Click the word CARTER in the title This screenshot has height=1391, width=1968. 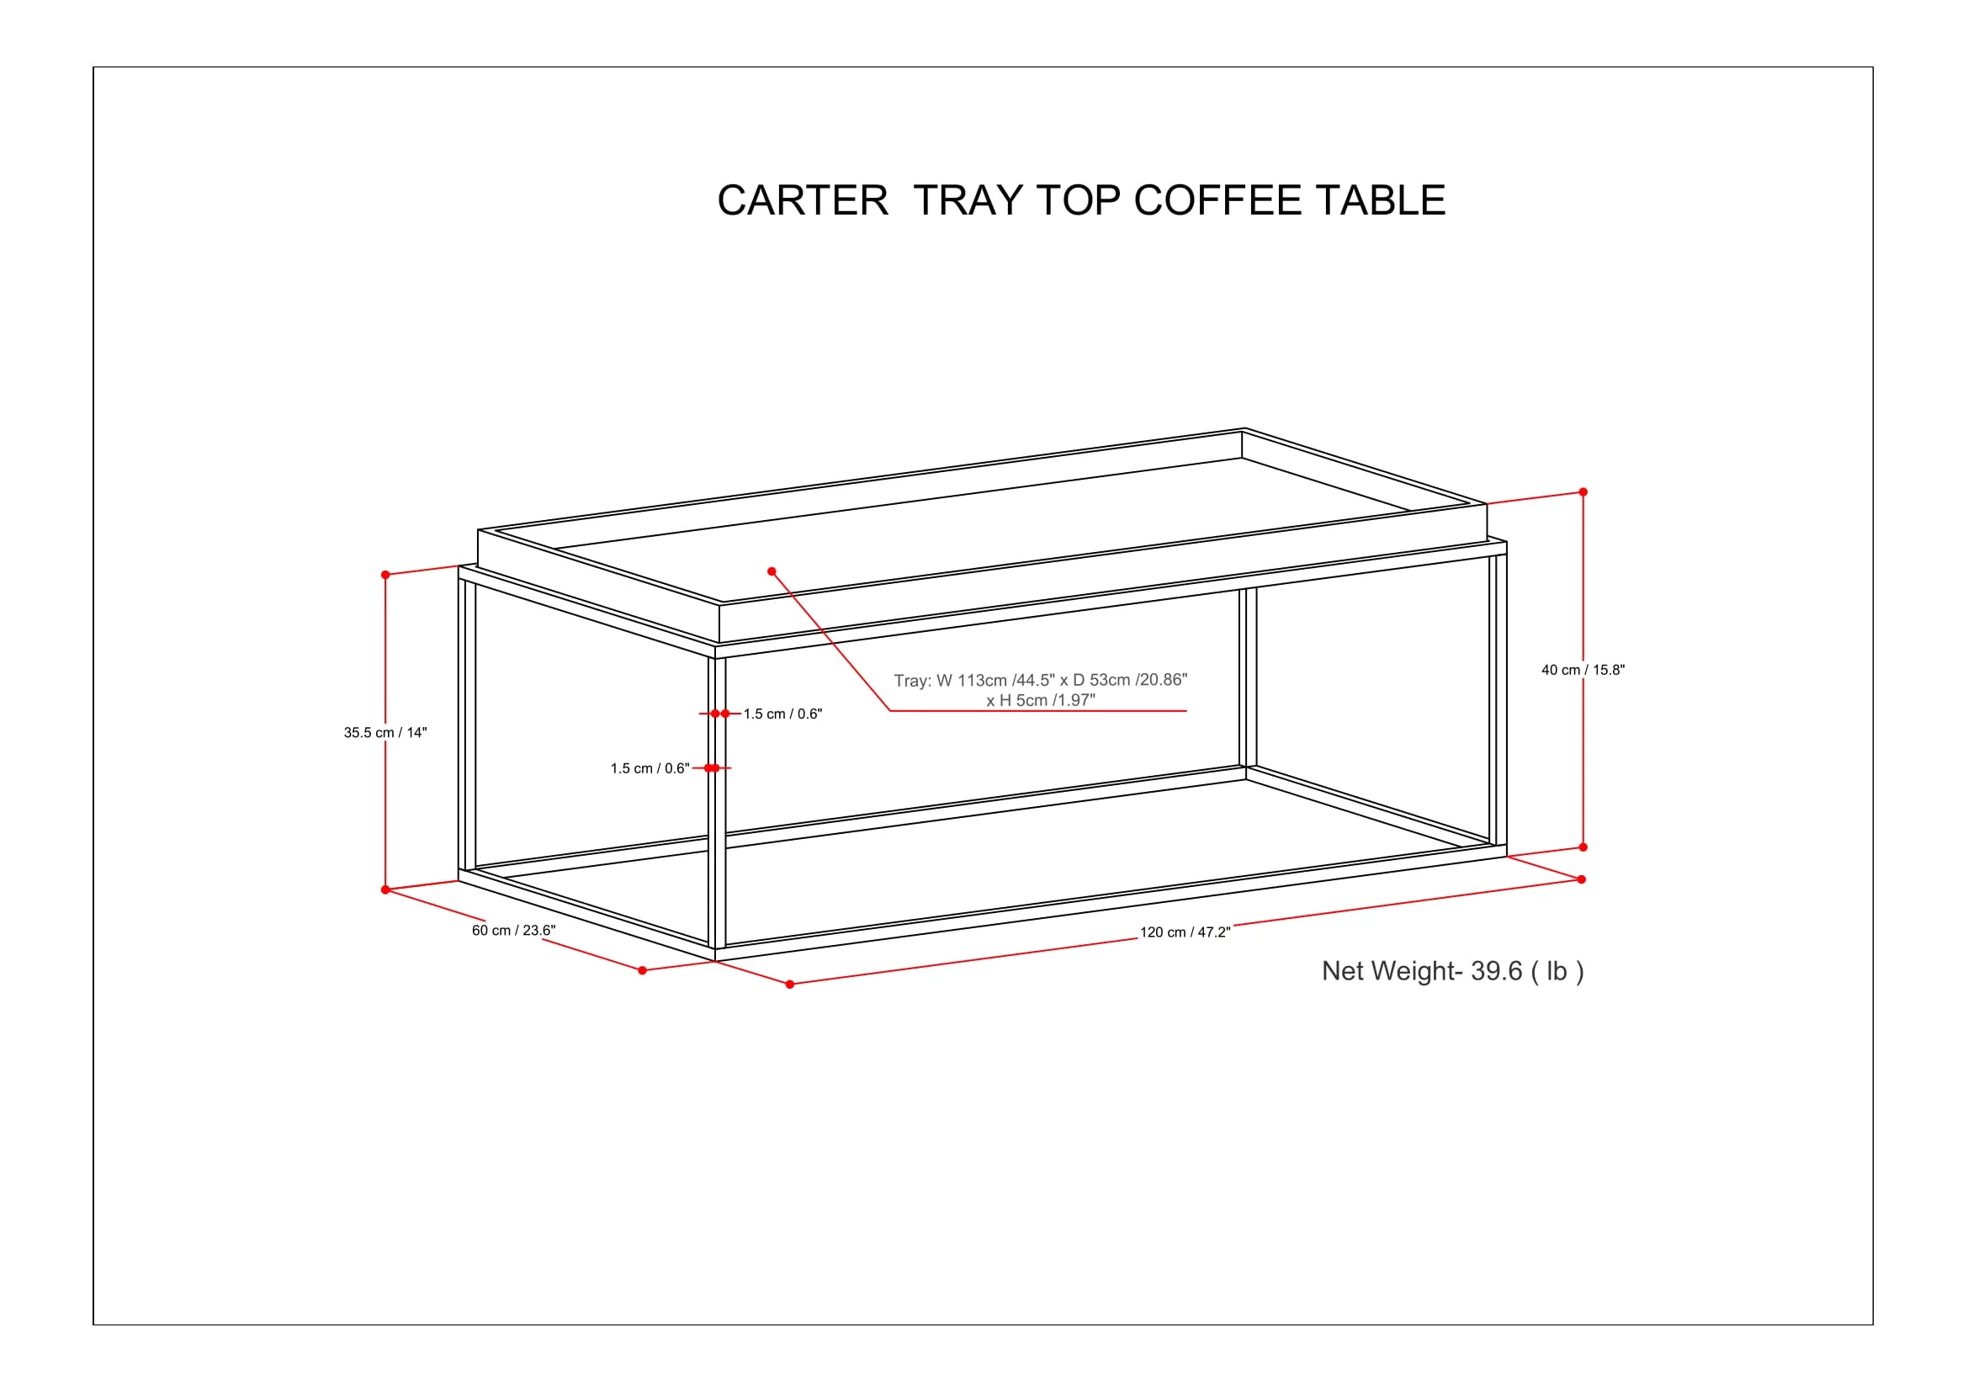tap(803, 201)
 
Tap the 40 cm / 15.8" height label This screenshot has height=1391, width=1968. tap(1583, 670)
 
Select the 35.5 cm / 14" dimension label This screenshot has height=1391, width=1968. tap(385, 733)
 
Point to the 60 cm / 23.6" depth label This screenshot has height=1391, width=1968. tap(513, 931)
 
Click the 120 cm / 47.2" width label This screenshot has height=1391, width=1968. tap(1185, 932)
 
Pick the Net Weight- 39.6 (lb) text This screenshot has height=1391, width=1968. tap(1452, 971)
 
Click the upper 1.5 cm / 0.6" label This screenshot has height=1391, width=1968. tap(782, 714)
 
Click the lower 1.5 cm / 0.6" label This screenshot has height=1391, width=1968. tap(649, 769)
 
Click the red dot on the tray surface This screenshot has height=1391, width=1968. tap(772, 571)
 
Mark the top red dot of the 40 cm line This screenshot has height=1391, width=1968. tap(1583, 492)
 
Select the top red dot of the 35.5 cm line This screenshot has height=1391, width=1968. tap(385, 575)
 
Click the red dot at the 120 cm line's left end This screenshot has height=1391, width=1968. tap(789, 985)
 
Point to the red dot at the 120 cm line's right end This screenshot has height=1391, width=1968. tap(1582, 879)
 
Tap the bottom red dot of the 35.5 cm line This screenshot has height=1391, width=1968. tap(385, 890)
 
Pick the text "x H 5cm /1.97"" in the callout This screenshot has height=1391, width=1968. tap(1040, 700)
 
